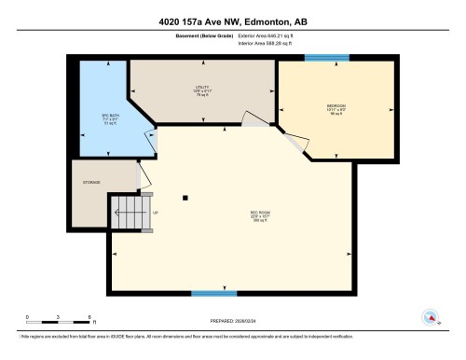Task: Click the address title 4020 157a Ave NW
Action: [233, 21]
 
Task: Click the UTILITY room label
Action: [202, 90]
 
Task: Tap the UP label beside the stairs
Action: [154, 213]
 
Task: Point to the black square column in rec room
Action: [185, 197]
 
